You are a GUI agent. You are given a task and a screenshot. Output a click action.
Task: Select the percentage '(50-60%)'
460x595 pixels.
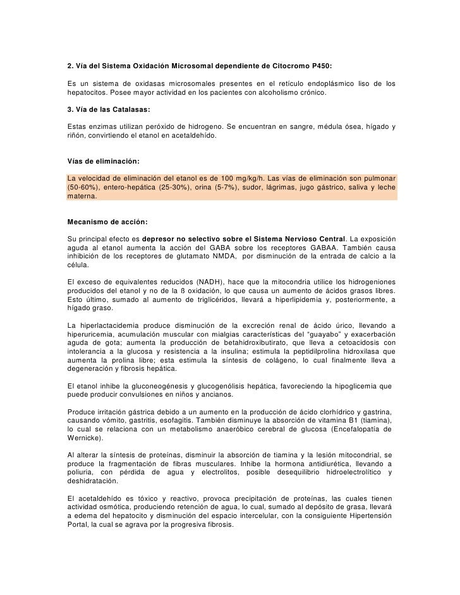(x=82, y=188)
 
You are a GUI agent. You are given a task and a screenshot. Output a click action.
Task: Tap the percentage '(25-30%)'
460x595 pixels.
(x=169, y=188)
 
